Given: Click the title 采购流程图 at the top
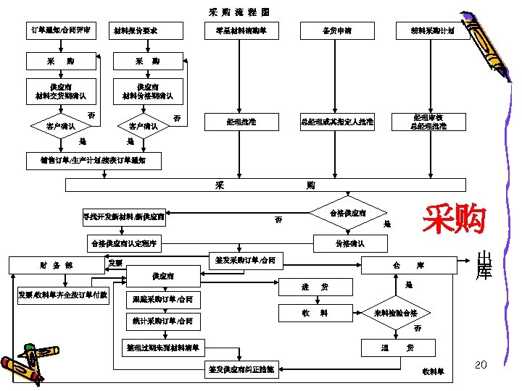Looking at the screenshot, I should [x=239, y=12].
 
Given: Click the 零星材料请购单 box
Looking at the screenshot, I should [x=241, y=30].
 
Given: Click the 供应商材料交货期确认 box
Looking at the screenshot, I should [x=61, y=91].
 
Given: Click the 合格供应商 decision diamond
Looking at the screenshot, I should [x=347, y=214].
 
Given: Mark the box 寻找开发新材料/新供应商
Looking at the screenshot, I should [x=124, y=215].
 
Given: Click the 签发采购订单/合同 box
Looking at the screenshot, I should [x=241, y=260].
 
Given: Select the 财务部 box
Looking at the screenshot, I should [x=57, y=266].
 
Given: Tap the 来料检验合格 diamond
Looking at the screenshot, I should [x=395, y=314].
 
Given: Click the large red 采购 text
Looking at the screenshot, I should [x=455, y=219].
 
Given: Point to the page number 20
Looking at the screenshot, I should [x=480, y=363].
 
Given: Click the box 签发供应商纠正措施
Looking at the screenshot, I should [x=241, y=369].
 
